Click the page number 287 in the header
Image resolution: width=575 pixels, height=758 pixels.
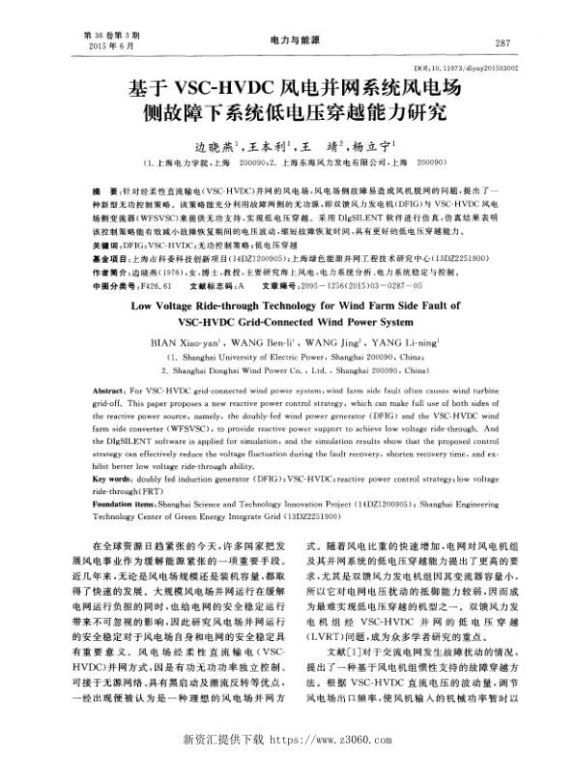502,44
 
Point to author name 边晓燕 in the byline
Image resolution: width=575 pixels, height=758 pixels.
215,147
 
